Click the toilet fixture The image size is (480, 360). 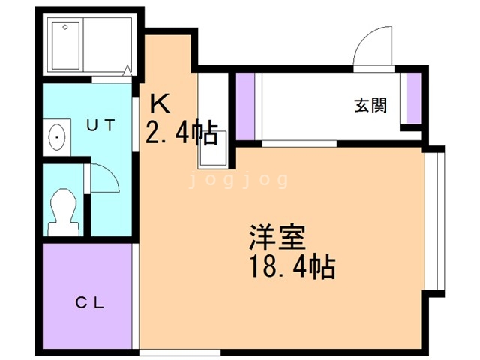(63, 212)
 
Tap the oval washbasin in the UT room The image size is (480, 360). (57, 137)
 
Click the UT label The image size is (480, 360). (101, 125)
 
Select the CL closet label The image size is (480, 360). (90, 303)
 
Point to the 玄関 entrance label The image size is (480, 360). (370, 105)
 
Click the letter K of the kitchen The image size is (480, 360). (160, 103)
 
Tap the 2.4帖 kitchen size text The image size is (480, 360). (181, 132)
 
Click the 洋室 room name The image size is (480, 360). (277, 238)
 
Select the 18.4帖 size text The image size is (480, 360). (293, 266)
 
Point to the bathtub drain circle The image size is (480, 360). (65, 27)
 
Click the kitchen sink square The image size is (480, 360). (213, 150)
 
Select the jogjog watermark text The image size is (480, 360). (238, 180)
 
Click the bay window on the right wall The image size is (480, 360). (434, 221)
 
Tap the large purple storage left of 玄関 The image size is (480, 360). (245, 106)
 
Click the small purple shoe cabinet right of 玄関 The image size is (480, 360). (414, 98)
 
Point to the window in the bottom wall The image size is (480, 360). (180, 352)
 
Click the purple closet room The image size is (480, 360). (88, 296)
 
